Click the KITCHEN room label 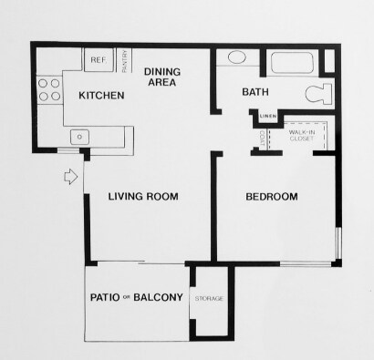[101, 96]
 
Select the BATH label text [255, 92]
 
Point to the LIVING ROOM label [142, 197]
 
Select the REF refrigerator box [98, 60]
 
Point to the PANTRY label [125, 59]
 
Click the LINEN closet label [267, 117]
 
